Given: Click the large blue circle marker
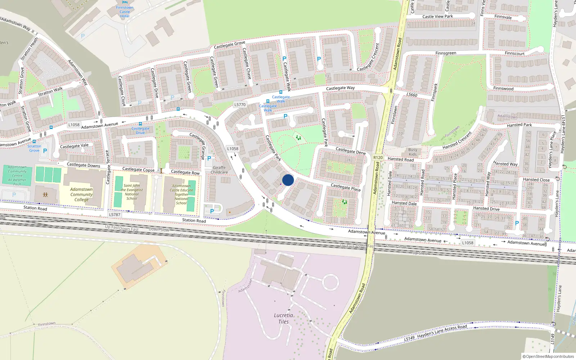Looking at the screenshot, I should point(288,180).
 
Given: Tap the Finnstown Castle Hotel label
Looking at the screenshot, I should point(125,12).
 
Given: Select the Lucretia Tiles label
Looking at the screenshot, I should point(283,319).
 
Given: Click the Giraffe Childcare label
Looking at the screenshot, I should point(219,170).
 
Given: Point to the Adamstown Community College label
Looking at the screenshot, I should point(81,194).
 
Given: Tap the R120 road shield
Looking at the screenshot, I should point(378,158).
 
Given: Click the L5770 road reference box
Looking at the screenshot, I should point(240,105).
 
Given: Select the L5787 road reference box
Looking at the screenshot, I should point(114,215).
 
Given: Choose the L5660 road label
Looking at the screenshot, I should point(412,95).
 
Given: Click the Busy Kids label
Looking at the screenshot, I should point(413,152).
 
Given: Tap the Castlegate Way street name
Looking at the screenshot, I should point(340,88).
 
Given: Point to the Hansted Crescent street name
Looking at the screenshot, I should point(457,141).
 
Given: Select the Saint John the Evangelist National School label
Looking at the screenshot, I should point(132,192).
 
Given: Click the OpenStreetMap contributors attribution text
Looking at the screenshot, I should point(548,356).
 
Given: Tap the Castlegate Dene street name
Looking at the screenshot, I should point(350,151).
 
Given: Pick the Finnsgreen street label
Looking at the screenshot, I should point(446,53).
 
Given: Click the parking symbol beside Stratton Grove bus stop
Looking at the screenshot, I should point(45,151).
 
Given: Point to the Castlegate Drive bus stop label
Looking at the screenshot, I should point(140,131).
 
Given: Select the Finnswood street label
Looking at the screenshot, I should point(503,89).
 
